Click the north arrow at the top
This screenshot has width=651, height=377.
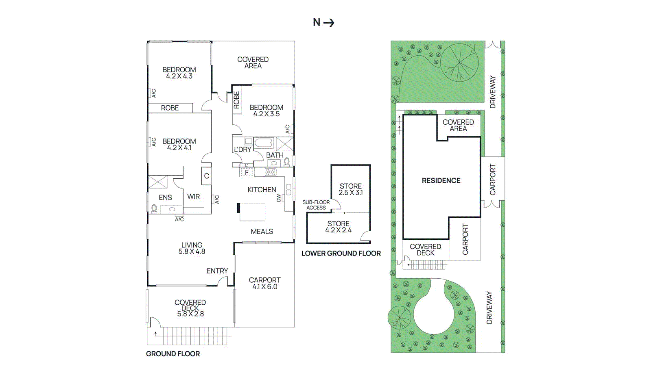pos(324,22)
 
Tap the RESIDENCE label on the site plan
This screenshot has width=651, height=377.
pos(441,181)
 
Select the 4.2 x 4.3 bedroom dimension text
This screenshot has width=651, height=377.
pos(179,76)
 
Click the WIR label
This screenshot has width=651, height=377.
pos(193,197)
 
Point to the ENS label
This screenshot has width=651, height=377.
pos(165,197)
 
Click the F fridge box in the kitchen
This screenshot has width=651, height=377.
pos(247,173)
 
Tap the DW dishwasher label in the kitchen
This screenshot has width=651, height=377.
pos(279,198)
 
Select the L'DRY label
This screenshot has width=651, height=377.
pos(242,149)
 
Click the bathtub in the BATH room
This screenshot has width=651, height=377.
pos(263,143)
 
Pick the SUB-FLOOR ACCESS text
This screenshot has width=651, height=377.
pos(316,205)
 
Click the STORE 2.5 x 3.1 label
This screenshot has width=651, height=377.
pos(351,189)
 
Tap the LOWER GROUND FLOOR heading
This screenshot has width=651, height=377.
pos(341,253)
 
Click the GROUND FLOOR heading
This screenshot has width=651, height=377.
pos(173,354)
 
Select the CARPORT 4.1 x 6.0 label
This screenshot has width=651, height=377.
pos(264,283)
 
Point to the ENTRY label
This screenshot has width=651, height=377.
pos(217,271)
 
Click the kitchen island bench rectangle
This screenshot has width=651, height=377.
pos(252,212)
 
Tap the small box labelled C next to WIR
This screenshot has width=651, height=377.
pos(206,176)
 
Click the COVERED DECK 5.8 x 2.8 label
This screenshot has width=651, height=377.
pos(190,308)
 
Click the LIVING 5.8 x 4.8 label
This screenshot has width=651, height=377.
pos(192,248)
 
